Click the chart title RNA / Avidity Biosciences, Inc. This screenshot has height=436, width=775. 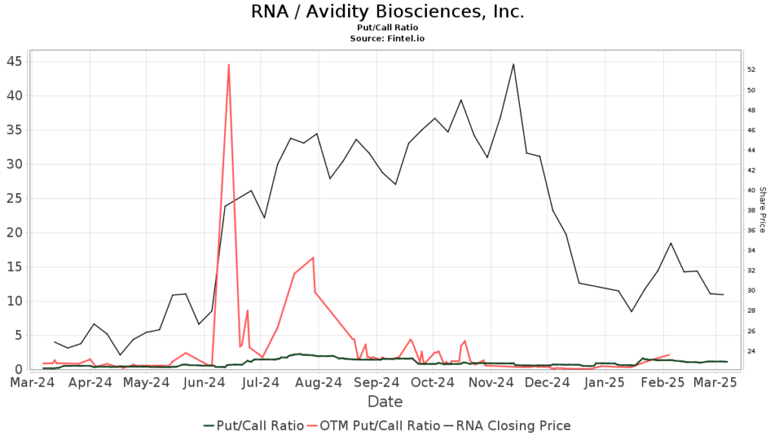(x=387, y=12)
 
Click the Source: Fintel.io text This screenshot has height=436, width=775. (x=387, y=38)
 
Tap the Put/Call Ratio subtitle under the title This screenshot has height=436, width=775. (x=387, y=27)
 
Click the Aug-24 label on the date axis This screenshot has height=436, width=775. (x=316, y=383)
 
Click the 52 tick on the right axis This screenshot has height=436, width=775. (x=752, y=70)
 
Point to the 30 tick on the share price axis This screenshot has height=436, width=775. (x=752, y=291)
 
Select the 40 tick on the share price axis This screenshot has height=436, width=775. (x=752, y=190)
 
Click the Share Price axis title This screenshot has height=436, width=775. (x=763, y=210)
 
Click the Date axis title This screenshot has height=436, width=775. (x=385, y=401)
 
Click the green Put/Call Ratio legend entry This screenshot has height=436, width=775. (x=254, y=425)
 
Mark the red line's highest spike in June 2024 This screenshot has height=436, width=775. (x=229, y=65)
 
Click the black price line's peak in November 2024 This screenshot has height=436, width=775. (x=513, y=64)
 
